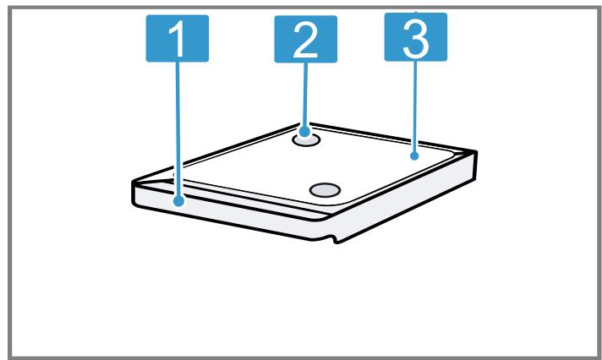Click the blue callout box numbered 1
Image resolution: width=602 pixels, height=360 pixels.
pyautogui.click(x=178, y=38)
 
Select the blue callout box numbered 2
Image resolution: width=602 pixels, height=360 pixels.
pyautogui.click(x=305, y=39)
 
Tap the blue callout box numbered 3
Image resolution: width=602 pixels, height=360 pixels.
pyautogui.click(x=416, y=37)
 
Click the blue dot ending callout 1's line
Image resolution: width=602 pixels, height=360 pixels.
pyautogui.click(x=178, y=201)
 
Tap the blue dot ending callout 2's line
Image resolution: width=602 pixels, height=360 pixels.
pyautogui.click(x=304, y=132)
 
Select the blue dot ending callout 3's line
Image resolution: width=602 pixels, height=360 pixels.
pyautogui.click(x=414, y=155)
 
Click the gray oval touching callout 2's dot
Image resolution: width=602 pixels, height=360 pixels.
pyautogui.click(x=306, y=140)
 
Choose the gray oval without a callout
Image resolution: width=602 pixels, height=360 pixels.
pyautogui.click(x=325, y=190)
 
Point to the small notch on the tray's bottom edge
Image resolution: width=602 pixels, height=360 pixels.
pyautogui.click(x=333, y=239)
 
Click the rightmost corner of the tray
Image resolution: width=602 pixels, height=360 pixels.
pyautogui.click(x=477, y=152)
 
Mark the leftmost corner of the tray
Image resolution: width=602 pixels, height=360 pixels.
pyautogui.click(x=133, y=182)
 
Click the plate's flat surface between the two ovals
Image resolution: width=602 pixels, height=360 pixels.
pyautogui.click(x=315, y=165)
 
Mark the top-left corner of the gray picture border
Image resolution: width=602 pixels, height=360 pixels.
pyautogui.click(x=9, y=8)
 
